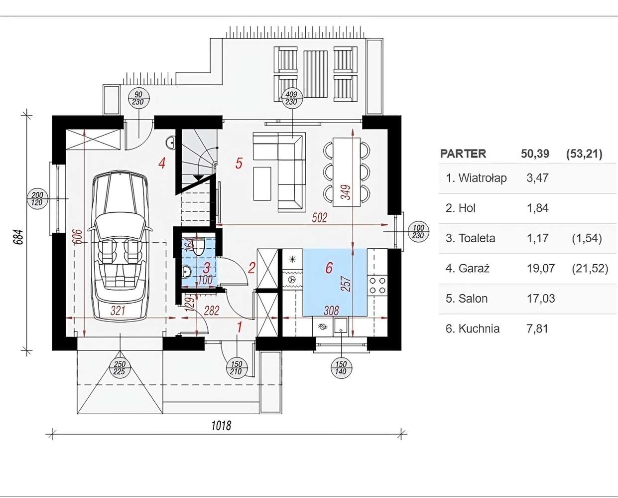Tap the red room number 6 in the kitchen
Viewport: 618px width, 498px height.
tap(329, 268)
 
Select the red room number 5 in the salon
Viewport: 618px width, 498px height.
tap(239, 163)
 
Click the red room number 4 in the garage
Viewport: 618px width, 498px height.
tap(162, 163)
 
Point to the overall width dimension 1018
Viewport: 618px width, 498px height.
tap(221, 425)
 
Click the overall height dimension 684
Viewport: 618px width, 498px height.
tap(18, 237)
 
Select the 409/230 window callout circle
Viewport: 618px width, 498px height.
tap(291, 98)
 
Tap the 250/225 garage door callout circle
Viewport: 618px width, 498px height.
tap(120, 368)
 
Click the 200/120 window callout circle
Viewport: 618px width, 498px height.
tap(37, 198)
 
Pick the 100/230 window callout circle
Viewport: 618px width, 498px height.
tap(418, 232)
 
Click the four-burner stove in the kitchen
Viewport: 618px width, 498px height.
tap(377, 285)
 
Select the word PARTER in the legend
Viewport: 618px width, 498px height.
tap(463, 154)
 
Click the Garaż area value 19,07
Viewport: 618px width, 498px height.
tap(540, 269)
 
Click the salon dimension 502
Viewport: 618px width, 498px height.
tap(319, 217)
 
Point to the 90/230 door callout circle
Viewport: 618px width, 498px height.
tap(138, 98)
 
